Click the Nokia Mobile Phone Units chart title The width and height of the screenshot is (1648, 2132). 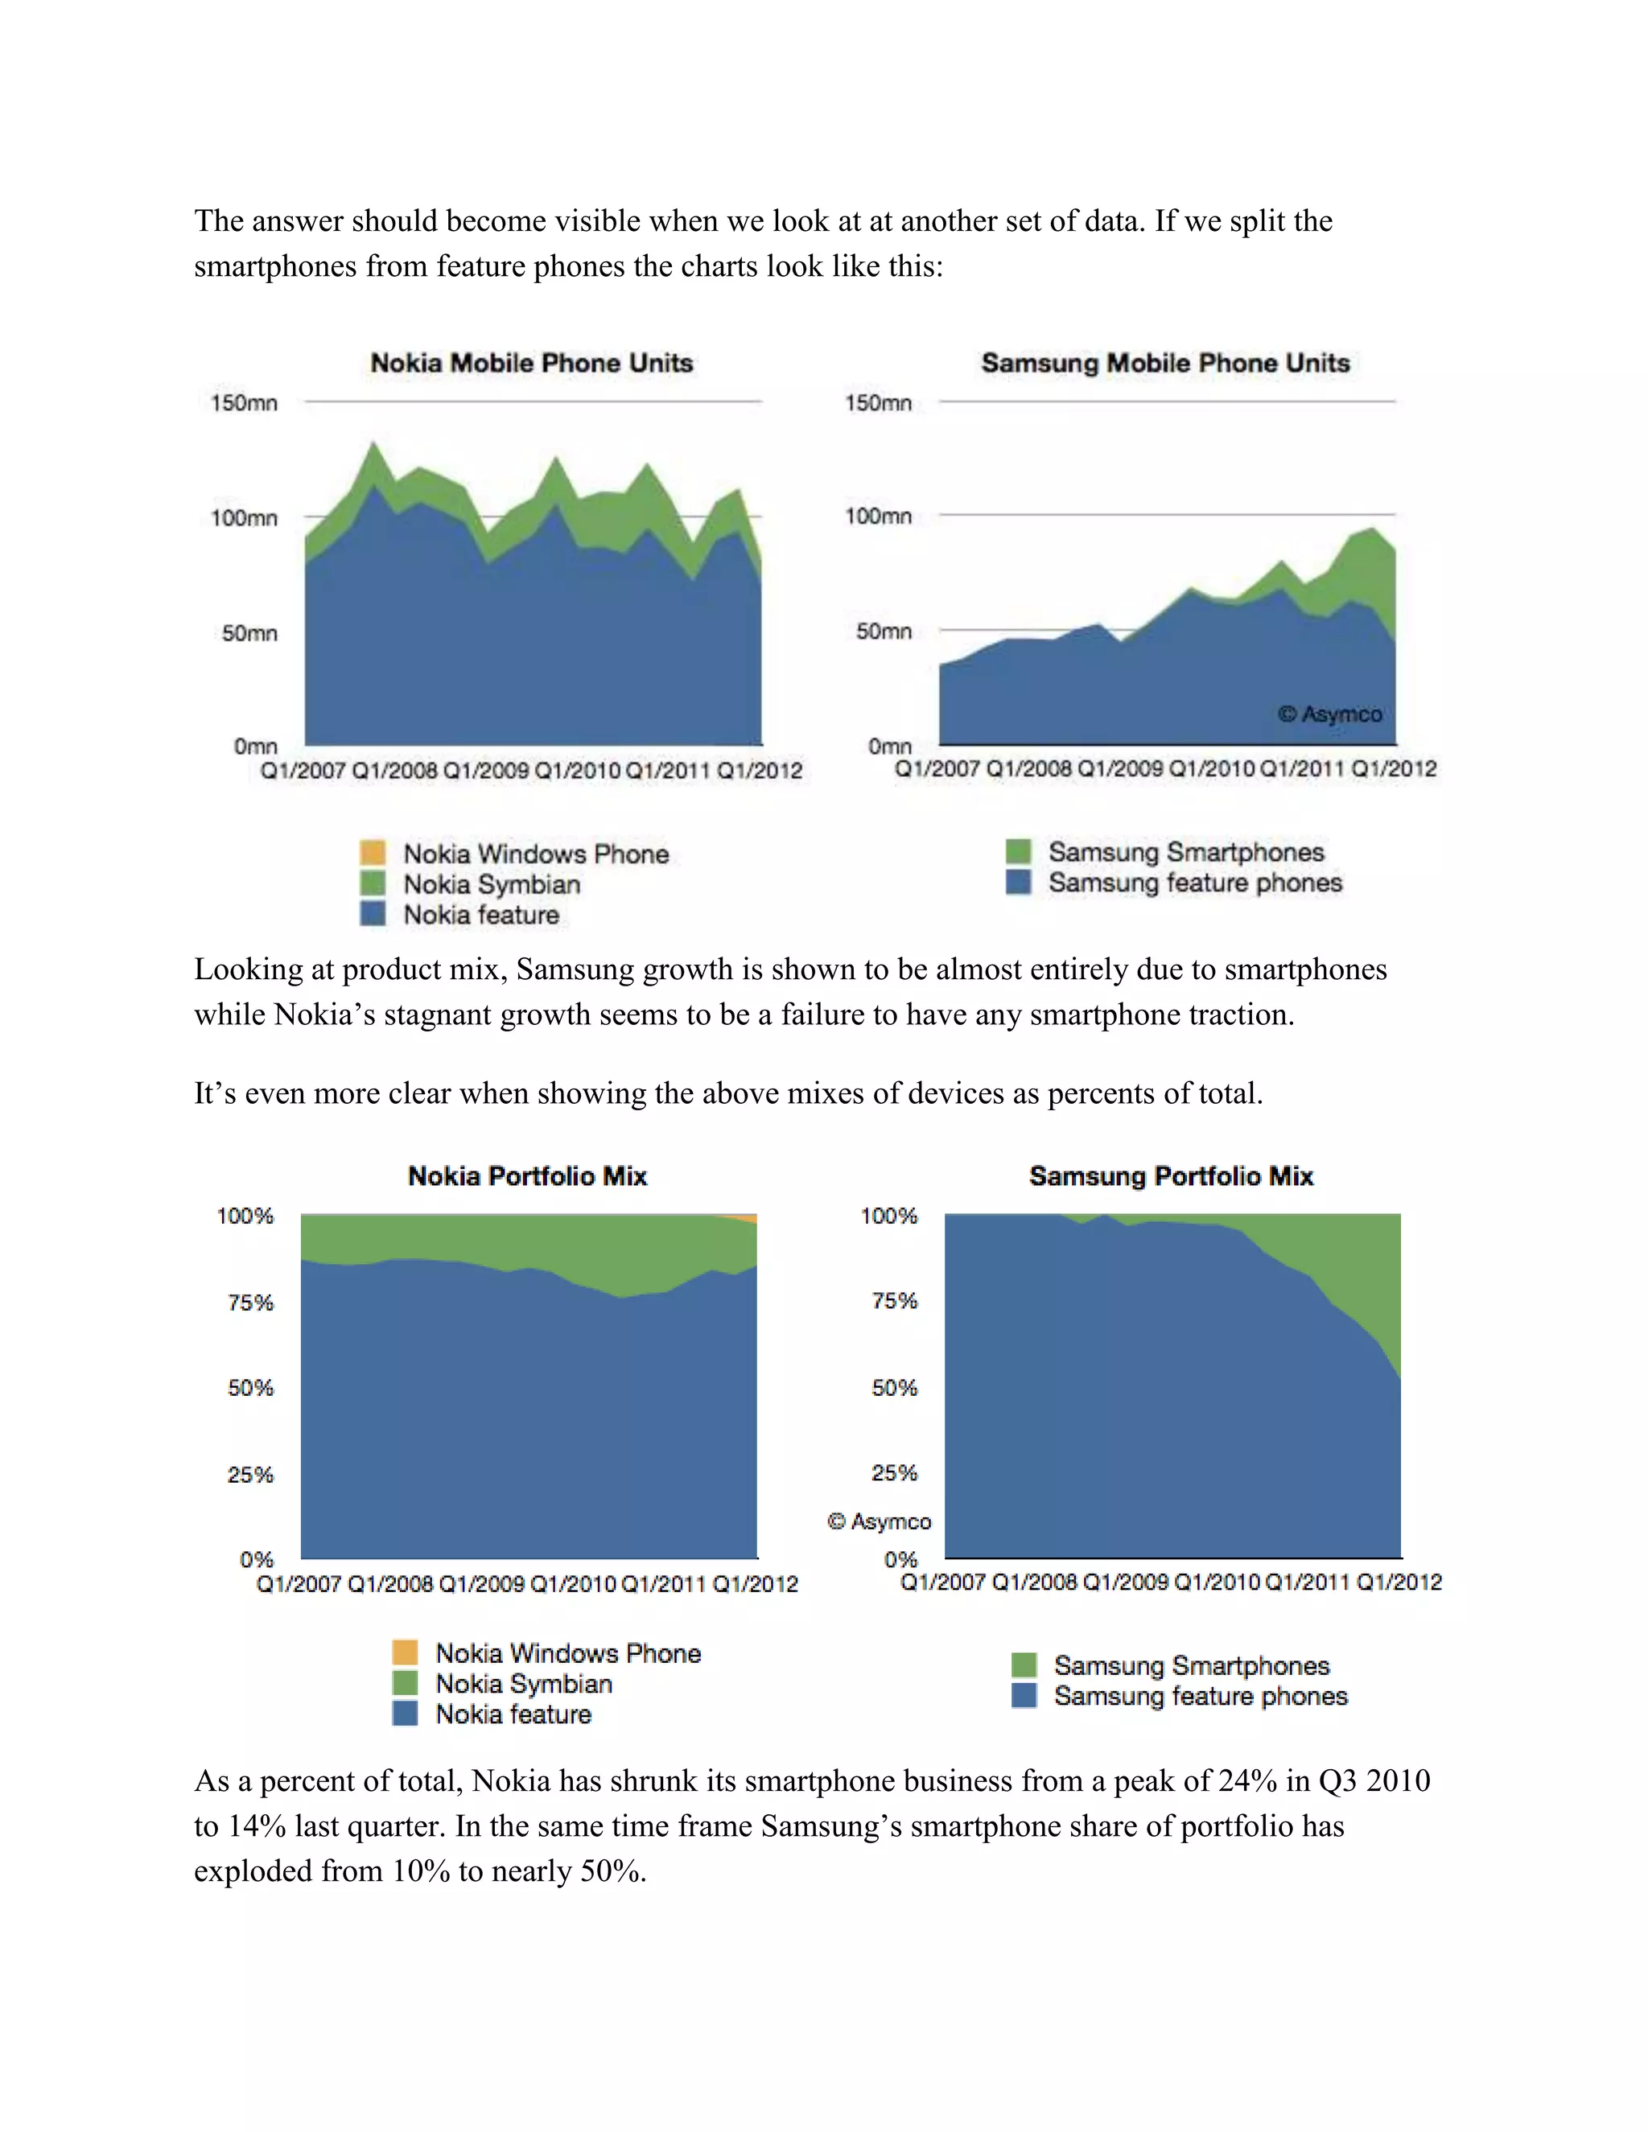(532, 363)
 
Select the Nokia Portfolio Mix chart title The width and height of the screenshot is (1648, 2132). (527, 1175)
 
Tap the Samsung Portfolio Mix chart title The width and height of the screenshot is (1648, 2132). (1172, 1175)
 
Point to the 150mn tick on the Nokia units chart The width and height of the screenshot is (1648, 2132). (244, 403)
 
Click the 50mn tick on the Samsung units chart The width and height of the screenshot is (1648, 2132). (884, 632)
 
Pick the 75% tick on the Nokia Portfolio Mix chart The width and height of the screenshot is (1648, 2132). (251, 1303)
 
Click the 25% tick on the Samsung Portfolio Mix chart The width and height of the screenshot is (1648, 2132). (894, 1473)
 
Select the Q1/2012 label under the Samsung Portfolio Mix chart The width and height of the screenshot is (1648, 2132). (1399, 1582)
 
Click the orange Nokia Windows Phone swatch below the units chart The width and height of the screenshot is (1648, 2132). (372, 852)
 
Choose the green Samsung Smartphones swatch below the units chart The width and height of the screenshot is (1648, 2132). (1018, 851)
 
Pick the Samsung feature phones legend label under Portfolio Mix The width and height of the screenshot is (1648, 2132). (1201, 1696)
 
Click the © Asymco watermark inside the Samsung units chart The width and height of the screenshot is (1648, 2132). (1329, 714)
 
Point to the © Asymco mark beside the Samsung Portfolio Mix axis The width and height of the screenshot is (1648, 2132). (879, 1521)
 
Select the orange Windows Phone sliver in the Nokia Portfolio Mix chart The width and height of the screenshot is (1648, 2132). (744, 1217)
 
